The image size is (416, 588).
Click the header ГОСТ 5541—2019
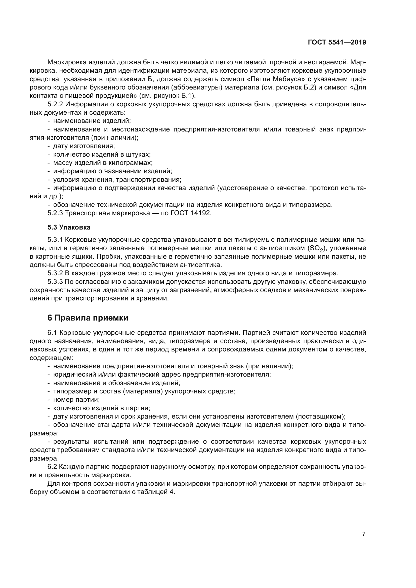337,42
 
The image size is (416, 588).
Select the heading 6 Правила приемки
88,318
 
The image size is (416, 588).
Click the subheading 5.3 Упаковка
69,227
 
